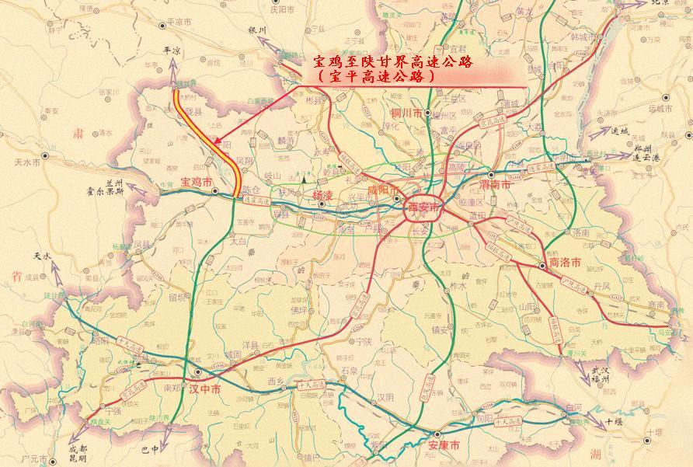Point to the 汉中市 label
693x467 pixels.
coord(204,389)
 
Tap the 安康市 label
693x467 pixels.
coord(444,445)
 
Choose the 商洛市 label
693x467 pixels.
coord(565,263)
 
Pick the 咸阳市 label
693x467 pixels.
coord(383,191)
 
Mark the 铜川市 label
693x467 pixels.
coord(407,113)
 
